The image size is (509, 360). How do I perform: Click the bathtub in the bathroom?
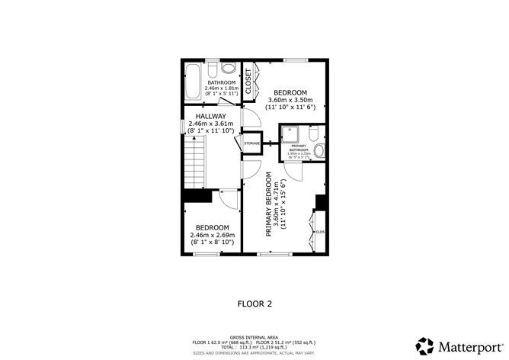coord(193,82)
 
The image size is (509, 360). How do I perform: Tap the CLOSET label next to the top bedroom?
coord(248,81)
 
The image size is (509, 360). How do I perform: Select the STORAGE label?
coord(251,143)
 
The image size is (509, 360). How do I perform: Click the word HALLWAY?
coord(211,116)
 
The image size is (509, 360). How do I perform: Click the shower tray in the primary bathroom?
coord(290,135)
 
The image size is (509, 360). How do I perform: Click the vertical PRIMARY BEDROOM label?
coord(269,205)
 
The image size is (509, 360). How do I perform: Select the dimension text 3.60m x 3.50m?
coord(290,100)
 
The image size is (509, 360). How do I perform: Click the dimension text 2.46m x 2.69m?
coord(212,235)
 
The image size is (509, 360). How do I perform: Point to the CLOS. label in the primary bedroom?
coord(320,231)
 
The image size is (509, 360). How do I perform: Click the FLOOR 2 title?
coord(254,303)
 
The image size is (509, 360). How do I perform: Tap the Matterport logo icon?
coord(424,344)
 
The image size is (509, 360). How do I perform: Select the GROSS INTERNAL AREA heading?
coord(254,336)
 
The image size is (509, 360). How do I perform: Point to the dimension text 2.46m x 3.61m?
coord(211,124)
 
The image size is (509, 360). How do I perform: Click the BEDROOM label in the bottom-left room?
coord(212,227)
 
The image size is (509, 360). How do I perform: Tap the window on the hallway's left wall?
coord(182,126)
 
